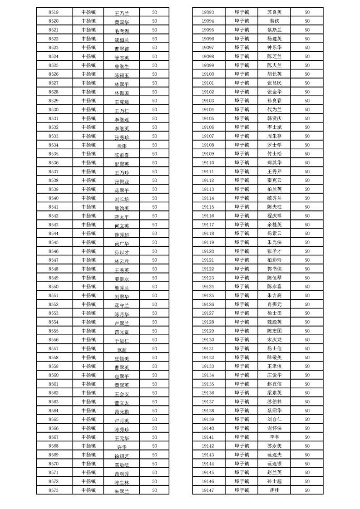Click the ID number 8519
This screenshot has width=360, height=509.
[53, 12]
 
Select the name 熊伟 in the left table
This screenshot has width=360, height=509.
[122, 146]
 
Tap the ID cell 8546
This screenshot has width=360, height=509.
[53, 251]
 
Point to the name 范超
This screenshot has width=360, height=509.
[122, 350]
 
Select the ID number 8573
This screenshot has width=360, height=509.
[53, 490]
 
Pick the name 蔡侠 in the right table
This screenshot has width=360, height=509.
[274, 21]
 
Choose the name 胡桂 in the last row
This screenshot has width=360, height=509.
[274, 490]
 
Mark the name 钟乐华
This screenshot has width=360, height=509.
[274, 48]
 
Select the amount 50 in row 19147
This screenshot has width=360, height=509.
[307, 490]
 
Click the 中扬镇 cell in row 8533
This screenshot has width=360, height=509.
[88, 136]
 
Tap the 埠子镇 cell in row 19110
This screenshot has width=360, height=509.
[242, 162]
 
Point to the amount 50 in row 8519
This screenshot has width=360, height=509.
[154, 12]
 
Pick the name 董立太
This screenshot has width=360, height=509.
[122, 403]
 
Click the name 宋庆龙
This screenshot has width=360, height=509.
[274, 340]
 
